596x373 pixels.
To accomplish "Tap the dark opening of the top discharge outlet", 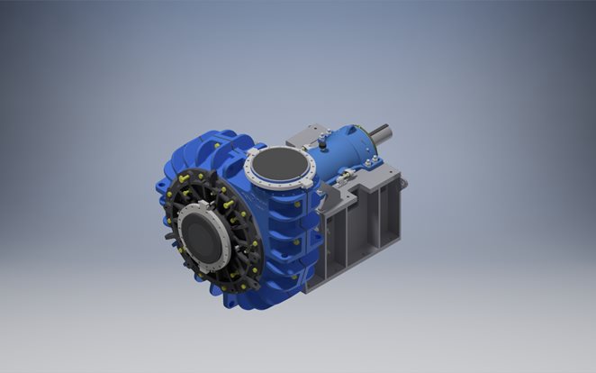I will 279,164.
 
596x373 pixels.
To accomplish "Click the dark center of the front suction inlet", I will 203,236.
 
